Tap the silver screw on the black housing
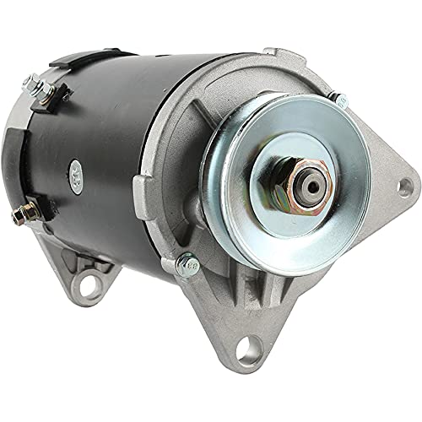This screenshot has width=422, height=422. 77,168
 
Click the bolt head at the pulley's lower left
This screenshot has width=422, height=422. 187,265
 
